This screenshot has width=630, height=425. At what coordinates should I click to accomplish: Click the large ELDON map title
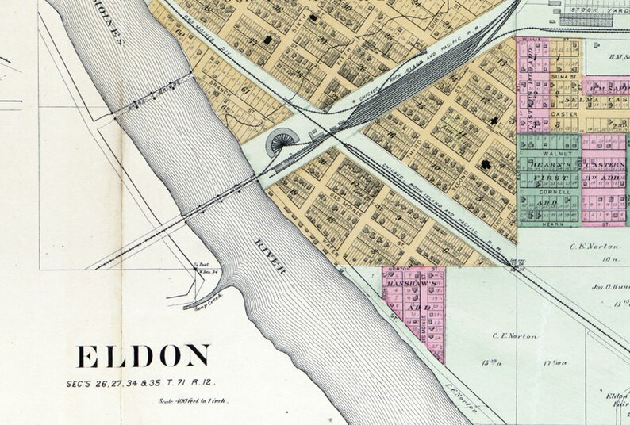point(144,356)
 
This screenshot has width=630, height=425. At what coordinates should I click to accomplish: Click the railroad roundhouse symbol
point(282,144)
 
